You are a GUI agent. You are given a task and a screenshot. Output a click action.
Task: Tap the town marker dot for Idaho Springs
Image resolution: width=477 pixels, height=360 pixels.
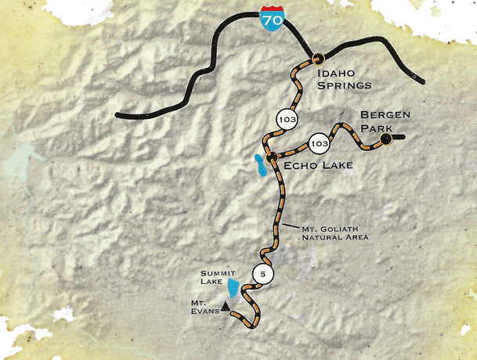click(x=318, y=57)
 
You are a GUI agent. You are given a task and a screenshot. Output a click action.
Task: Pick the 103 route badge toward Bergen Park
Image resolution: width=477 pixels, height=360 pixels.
click(x=318, y=144)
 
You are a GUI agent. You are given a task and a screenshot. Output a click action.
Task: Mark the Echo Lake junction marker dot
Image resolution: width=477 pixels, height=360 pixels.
click(x=270, y=158)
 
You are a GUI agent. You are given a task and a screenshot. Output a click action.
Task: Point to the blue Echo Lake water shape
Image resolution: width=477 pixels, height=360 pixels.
click(x=257, y=165)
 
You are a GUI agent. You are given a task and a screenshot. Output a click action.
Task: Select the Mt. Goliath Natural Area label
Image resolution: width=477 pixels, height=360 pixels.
click(x=334, y=232)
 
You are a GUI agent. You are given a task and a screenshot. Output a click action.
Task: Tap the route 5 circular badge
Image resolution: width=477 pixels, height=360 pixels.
click(x=263, y=274)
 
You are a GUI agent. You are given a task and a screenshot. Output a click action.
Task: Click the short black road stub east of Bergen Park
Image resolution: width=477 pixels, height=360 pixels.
click(x=397, y=139)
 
